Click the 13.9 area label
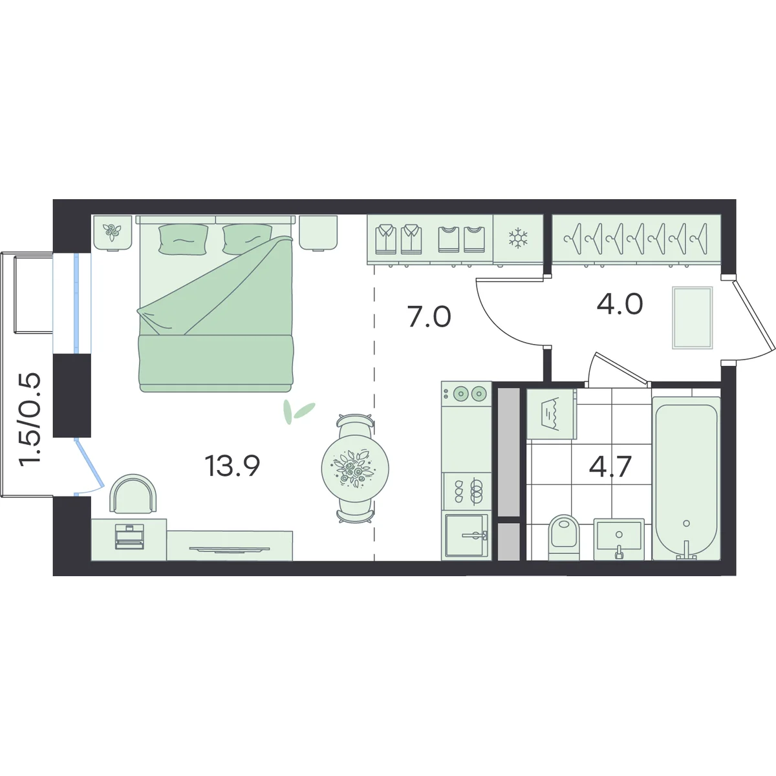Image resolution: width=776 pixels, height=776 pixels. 232,466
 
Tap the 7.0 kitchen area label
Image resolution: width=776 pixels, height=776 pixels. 429,316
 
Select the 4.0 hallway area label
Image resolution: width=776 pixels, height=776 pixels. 620,304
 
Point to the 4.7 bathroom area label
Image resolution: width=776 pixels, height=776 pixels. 610,466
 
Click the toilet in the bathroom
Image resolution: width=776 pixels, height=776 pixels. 564,537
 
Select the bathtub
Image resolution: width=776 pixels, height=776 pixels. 686,479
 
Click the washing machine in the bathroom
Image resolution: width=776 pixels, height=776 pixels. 552,414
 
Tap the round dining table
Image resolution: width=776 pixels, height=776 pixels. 355,468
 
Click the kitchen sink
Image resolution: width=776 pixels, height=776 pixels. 466,535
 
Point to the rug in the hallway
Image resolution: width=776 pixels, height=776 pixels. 692,318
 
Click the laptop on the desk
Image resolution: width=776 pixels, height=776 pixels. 129,536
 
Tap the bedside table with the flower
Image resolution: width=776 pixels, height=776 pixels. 113,233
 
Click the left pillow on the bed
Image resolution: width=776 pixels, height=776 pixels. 183,239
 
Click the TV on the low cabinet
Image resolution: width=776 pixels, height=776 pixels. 230,549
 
